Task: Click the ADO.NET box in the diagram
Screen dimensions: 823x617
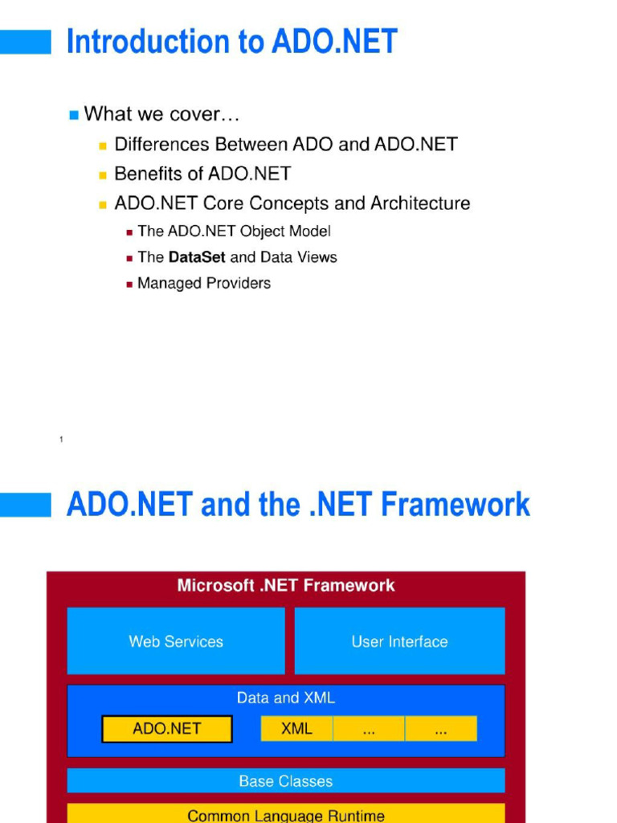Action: point(167,729)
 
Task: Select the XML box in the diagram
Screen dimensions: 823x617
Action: point(296,729)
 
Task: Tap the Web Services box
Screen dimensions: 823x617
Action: point(176,641)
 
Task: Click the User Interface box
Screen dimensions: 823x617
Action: point(399,641)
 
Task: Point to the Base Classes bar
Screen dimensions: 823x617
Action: point(285,780)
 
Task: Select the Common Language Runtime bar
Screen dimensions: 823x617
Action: point(285,815)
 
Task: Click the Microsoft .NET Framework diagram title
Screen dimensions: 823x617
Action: point(285,585)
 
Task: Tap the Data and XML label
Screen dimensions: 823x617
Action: point(285,698)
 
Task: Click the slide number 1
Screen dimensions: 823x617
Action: point(61,439)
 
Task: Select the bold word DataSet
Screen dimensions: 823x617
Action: point(197,257)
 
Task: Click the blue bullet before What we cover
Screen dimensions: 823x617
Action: point(74,115)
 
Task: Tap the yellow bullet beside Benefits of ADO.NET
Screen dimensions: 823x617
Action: point(103,174)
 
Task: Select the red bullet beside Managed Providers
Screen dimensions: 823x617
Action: point(129,284)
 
